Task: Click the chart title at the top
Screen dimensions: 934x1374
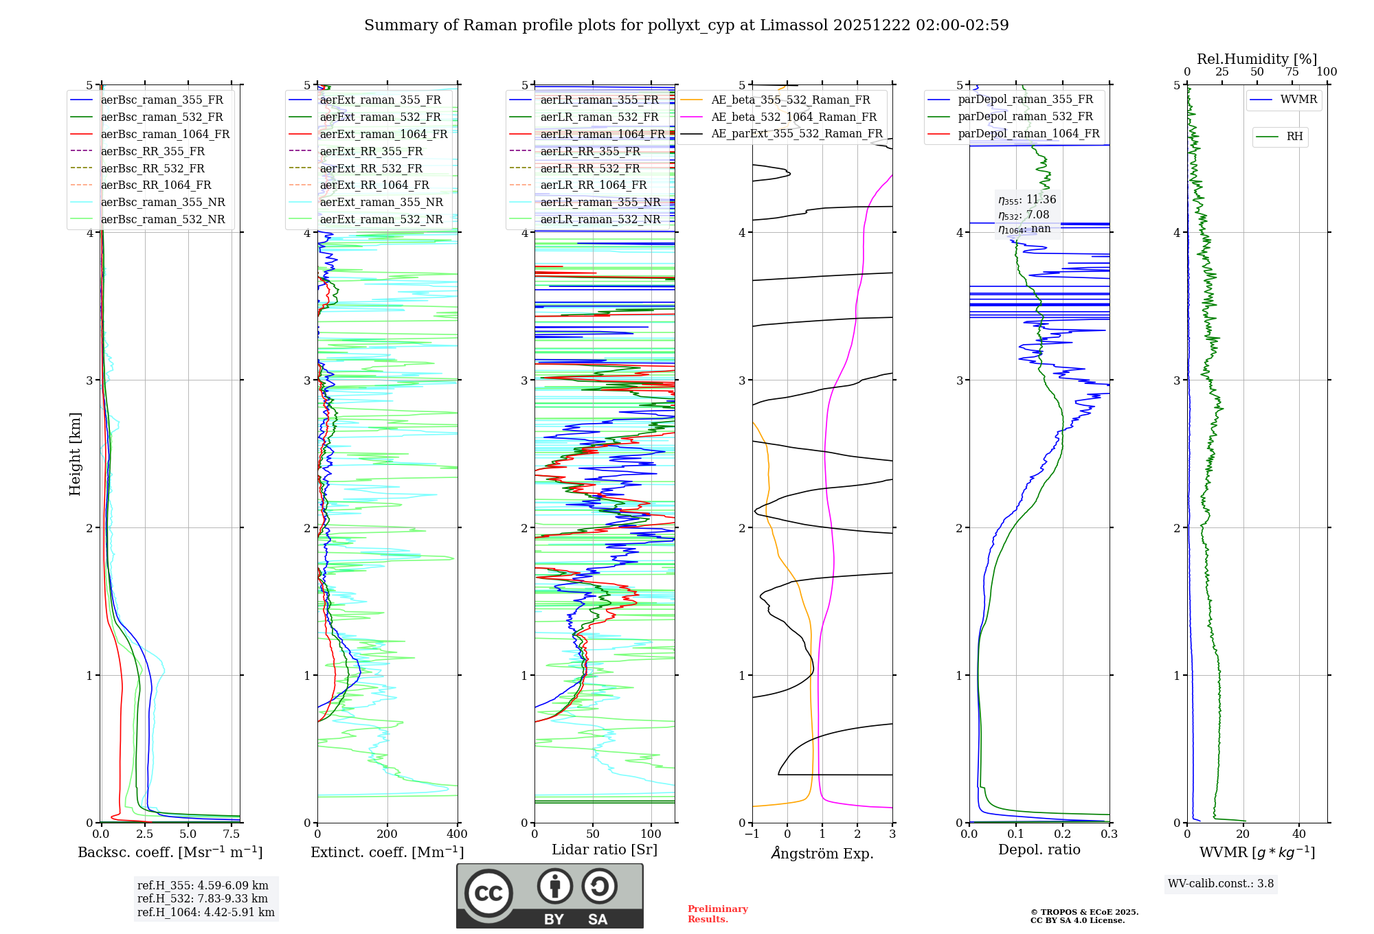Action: click(686, 25)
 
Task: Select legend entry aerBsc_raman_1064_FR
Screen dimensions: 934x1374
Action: click(165, 134)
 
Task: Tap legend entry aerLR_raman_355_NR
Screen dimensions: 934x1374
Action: click(600, 202)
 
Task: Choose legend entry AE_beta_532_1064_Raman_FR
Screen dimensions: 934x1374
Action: click(793, 117)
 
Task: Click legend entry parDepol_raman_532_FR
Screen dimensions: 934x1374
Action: click(1025, 117)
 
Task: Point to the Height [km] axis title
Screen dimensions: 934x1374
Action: click(75, 453)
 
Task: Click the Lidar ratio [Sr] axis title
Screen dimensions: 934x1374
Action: click(605, 850)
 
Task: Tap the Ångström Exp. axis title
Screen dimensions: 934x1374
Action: click(822, 853)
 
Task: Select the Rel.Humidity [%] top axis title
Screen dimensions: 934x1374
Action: click(1257, 59)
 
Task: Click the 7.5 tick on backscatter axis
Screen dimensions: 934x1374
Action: click(232, 834)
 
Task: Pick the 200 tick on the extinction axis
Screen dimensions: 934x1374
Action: click(387, 834)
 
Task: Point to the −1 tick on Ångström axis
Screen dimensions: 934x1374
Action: click(752, 834)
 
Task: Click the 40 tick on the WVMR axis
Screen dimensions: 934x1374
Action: click(1299, 834)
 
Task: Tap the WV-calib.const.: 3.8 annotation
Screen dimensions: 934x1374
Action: click(1221, 884)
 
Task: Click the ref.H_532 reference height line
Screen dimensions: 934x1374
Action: click(203, 899)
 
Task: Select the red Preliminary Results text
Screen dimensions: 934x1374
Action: click(717, 914)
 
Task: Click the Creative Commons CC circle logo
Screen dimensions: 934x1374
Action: click(488, 893)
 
